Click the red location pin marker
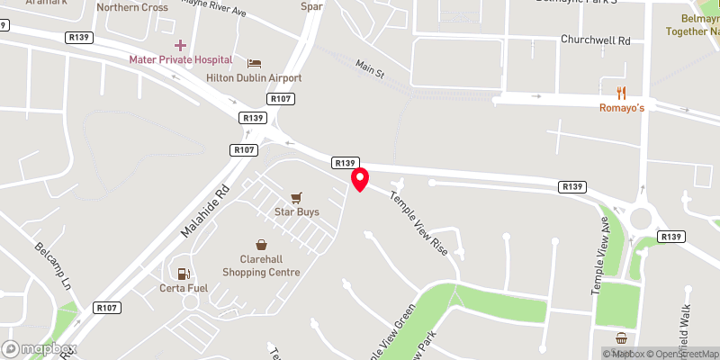pos(360,178)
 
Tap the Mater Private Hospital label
pos(181,59)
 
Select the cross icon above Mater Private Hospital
pos(180,44)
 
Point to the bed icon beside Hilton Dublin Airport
pos(254,62)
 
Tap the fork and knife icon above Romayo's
pos(621,92)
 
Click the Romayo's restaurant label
pos(622,108)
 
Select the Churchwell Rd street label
pos(595,40)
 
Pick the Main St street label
pos(370,68)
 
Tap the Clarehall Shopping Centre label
pos(261,265)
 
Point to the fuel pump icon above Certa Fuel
pos(183,274)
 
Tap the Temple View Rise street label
pos(418,220)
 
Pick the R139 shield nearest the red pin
pos(345,163)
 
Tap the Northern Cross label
pos(132,7)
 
